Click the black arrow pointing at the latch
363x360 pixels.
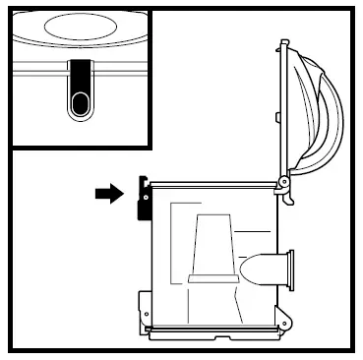click(108, 194)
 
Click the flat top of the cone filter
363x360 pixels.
click(213, 217)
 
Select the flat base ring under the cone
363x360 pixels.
click(212, 281)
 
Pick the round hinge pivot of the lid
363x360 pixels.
click(283, 183)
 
